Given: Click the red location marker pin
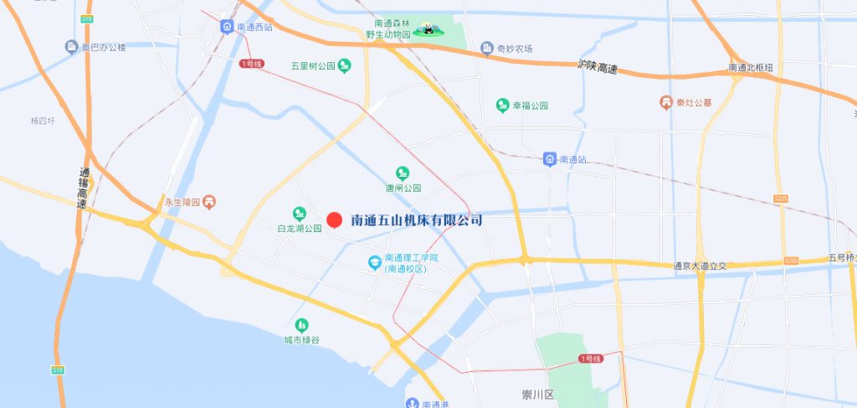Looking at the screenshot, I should pos(334,220).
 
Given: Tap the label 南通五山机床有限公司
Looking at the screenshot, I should pos(417,220).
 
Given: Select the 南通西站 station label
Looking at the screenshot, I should pos(255,28).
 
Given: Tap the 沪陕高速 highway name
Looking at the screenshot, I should pos(598,66).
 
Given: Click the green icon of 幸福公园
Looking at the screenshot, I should pos(502,106).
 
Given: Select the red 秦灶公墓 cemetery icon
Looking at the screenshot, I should pos(665,102).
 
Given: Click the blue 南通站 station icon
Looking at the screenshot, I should pos(550,158).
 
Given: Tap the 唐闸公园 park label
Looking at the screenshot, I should pos(403,189).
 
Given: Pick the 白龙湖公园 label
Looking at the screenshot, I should pos(300,228).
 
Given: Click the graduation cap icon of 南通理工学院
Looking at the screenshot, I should pos(374,263).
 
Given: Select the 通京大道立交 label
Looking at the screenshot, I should pos(700,266).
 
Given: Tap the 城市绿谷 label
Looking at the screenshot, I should pos(301,340).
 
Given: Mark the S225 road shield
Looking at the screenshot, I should pos(781,199).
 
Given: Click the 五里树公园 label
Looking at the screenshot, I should pos(312,65).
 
